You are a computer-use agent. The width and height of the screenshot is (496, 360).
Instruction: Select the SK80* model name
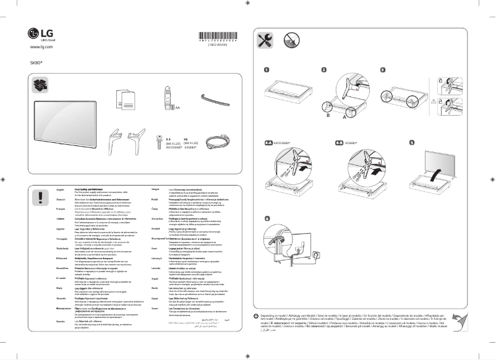point(36,62)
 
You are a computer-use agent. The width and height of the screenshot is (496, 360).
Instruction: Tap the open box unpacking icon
point(41,83)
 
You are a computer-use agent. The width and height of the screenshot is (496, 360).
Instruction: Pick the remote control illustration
point(167,95)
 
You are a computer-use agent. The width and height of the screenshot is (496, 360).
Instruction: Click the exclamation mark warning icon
point(41,197)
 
